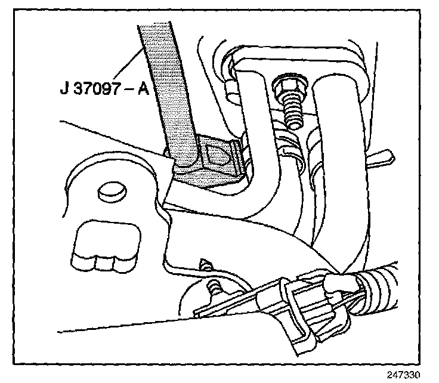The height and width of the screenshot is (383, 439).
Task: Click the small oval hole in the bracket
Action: click(x=110, y=190)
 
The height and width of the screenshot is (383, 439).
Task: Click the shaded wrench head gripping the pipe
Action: click(x=206, y=165)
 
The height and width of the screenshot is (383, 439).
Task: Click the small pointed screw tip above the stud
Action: click(x=206, y=262)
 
